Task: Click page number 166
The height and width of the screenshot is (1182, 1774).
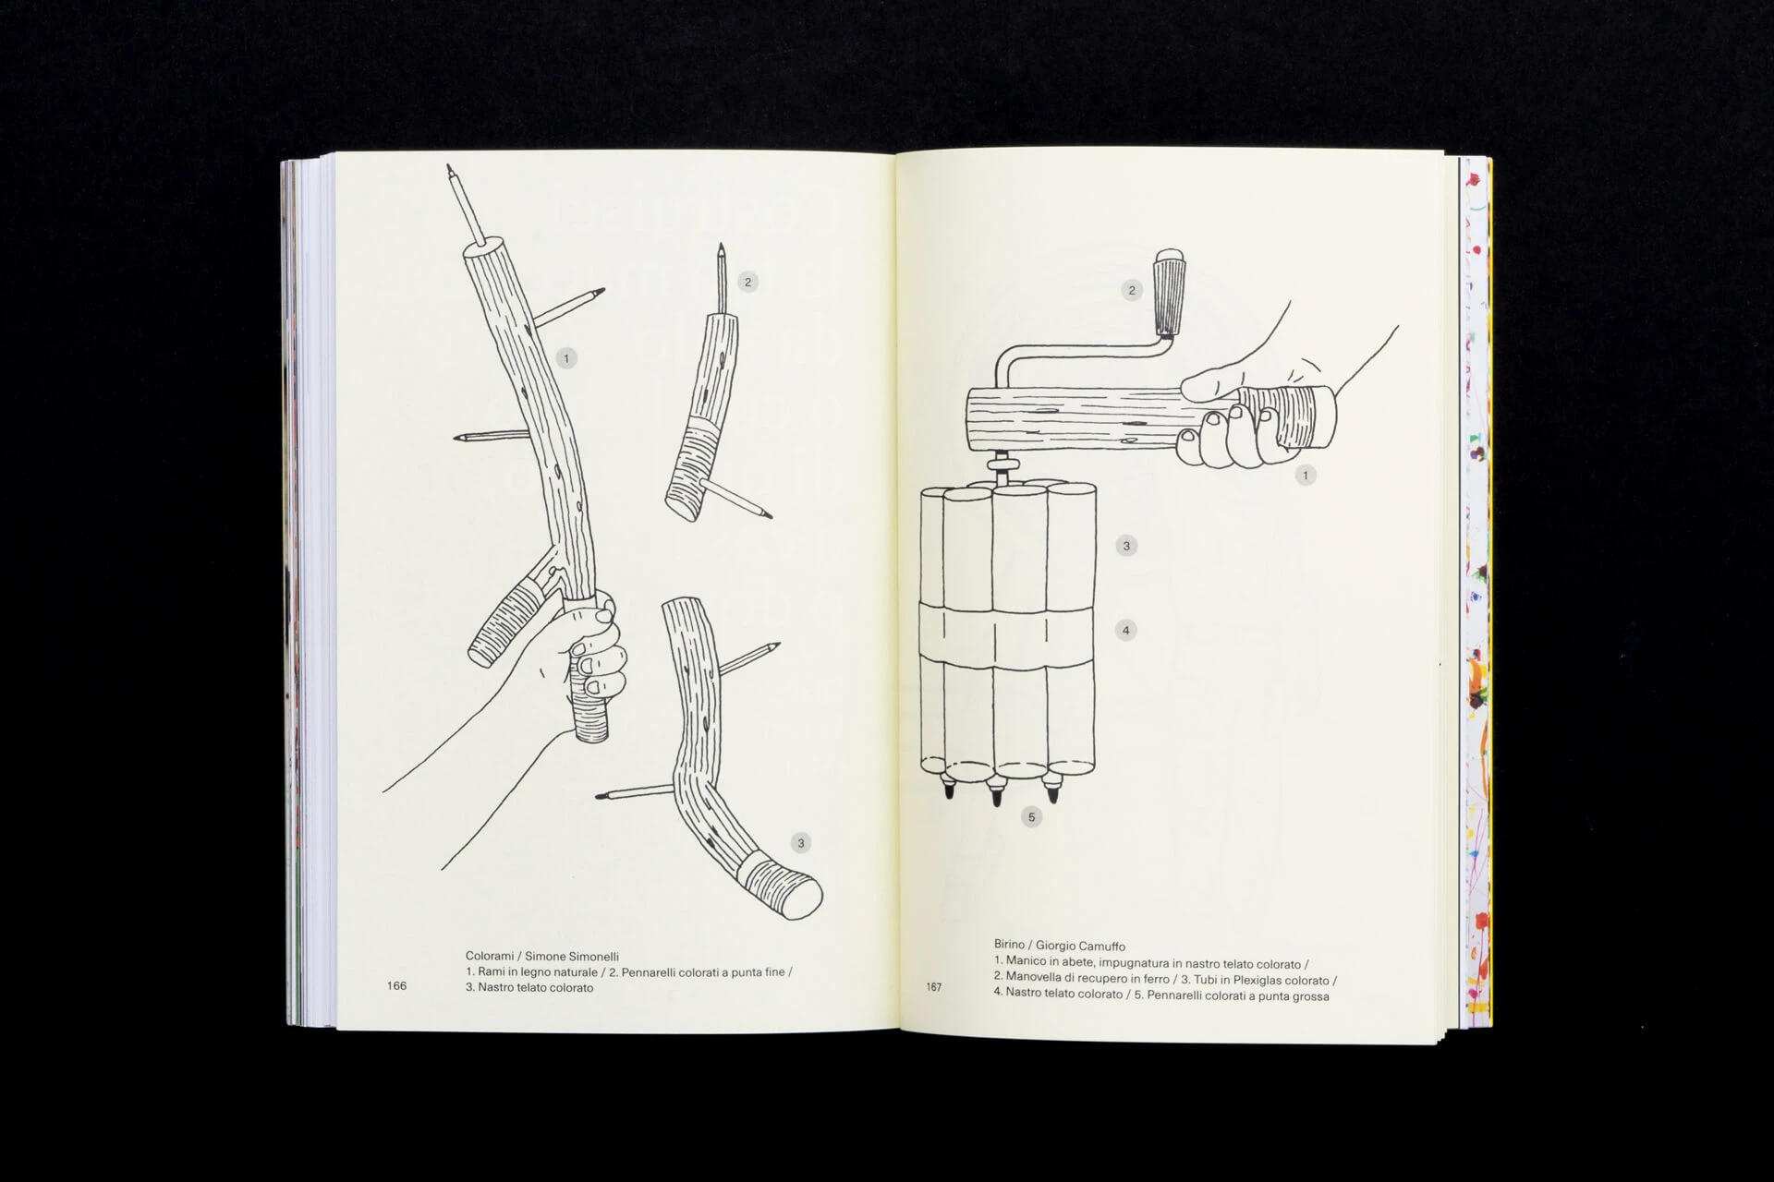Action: [396, 985]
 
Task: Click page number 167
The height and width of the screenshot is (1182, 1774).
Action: [934, 987]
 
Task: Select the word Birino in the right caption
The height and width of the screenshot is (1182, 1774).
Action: [1010, 945]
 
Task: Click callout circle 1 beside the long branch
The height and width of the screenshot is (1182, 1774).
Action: [566, 358]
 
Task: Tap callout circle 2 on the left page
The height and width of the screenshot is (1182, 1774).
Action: [748, 283]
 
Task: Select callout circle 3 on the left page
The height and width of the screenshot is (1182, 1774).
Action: [801, 843]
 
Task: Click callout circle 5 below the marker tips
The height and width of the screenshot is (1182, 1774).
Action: [1031, 816]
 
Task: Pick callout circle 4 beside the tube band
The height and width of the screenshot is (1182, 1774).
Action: [1125, 631]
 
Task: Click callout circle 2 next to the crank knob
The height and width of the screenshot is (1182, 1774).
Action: [1132, 291]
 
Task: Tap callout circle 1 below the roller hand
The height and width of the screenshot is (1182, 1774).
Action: [1305, 476]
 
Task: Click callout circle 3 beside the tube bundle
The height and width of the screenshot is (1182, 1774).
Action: [1125, 546]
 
